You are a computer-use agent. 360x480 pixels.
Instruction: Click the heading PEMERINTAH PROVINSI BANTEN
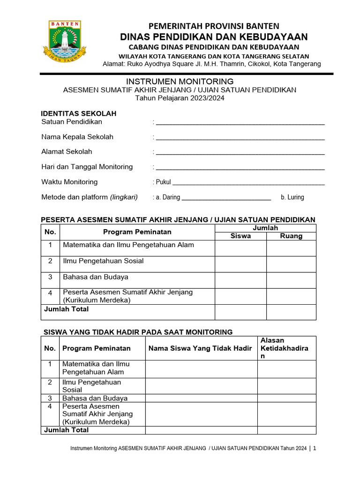click(214, 26)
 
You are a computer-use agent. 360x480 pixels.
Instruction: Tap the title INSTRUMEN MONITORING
click(180, 82)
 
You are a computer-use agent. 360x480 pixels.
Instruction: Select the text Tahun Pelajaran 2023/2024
click(180, 98)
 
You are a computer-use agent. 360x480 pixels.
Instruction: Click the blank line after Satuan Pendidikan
click(240, 123)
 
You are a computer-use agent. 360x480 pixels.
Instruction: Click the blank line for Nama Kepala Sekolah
click(240, 138)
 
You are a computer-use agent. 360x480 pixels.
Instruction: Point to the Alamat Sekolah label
click(67, 151)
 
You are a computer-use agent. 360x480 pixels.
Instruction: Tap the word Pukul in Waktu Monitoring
click(164, 182)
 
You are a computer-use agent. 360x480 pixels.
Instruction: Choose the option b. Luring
click(292, 197)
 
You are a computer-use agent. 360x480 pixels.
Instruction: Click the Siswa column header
click(240, 236)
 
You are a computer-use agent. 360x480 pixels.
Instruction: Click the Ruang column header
click(291, 236)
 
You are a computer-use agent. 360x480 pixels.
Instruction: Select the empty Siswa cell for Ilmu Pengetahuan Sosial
click(240, 264)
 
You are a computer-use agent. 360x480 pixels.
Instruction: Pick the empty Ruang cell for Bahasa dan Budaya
click(291, 280)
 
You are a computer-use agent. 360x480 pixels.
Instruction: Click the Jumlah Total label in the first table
click(66, 309)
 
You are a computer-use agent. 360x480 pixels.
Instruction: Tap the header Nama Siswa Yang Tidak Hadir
click(200, 348)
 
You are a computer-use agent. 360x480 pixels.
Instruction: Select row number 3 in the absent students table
click(50, 398)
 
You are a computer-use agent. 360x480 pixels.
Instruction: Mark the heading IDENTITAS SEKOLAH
click(79, 113)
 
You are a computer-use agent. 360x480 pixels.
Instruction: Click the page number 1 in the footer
click(315, 449)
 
